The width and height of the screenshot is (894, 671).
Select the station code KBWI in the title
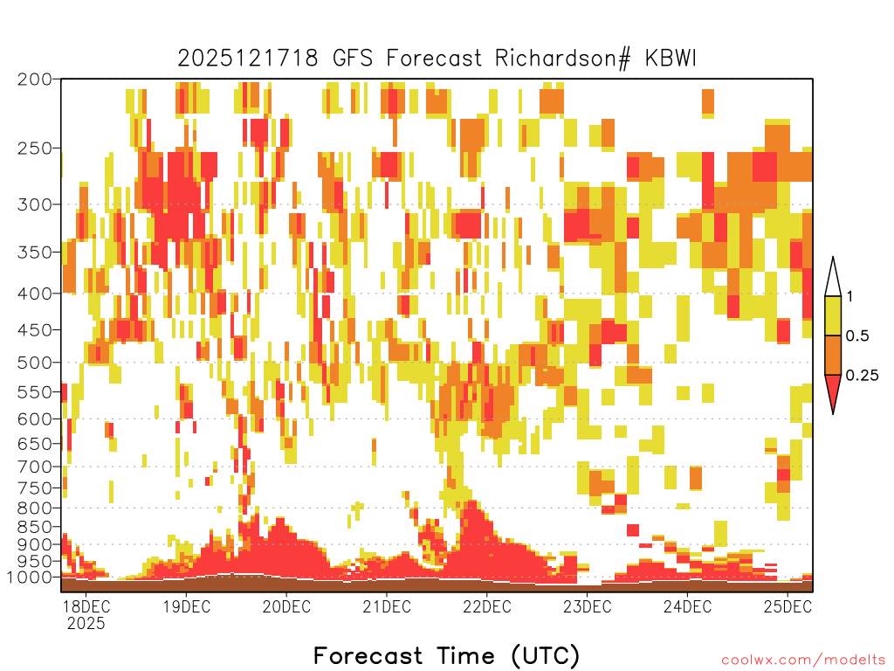click(670, 59)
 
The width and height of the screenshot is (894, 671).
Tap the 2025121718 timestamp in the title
click(247, 59)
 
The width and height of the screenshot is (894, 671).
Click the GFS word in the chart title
click(353, 59)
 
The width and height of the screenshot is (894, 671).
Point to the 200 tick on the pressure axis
click(35, 80)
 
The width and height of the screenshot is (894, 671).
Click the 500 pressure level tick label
click(35, 363)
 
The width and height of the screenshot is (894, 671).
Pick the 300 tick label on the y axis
click(35, 204)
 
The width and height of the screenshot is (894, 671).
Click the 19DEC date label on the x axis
click(187, 606)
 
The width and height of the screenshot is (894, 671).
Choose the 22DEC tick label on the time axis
click(487, 606)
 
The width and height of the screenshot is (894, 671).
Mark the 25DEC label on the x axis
click(787, 606)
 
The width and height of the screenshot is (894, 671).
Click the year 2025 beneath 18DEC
click(86, 624)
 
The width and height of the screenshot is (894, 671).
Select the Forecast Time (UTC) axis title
click(446, 656)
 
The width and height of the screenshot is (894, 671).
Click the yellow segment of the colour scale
click(833, 315)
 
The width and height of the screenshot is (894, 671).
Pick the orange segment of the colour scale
click(833, 355)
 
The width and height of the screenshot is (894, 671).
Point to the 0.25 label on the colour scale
click(862, 376)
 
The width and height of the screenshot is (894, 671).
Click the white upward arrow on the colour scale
click(833, 277)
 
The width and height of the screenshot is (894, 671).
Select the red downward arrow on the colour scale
click(833, 392)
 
